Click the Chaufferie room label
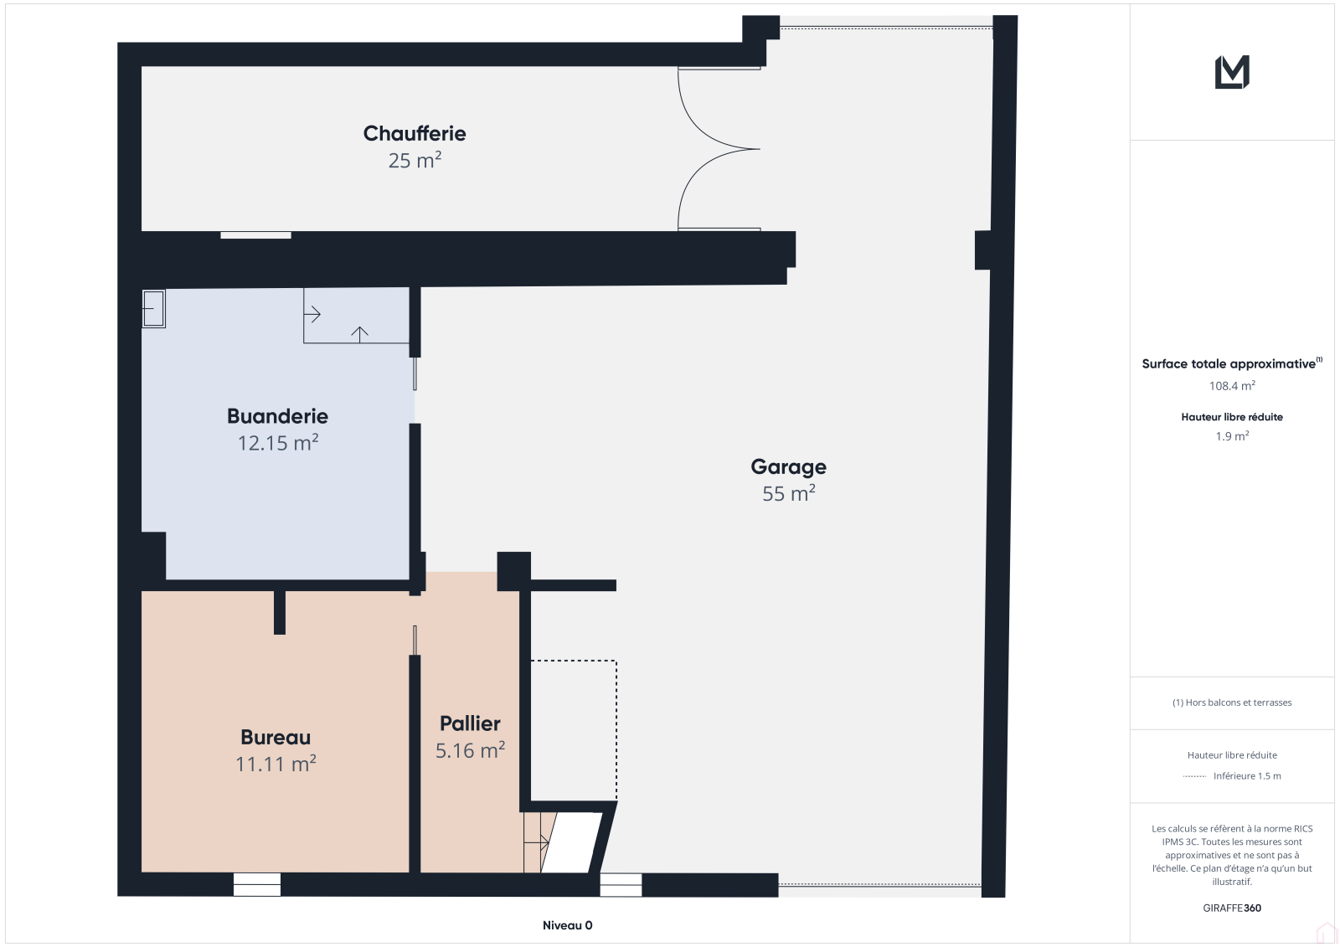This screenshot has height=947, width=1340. point(415,133)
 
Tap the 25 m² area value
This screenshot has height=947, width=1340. point(415,160)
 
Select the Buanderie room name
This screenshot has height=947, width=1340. point(277,416)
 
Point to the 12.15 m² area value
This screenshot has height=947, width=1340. point(277,443)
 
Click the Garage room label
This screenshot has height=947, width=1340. point(788,467)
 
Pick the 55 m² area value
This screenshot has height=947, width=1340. point(788,493)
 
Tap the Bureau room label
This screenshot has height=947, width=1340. point(276,737)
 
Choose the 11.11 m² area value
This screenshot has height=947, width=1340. point(276,764)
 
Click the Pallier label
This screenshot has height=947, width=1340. point(470,724)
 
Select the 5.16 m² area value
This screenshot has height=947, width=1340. point(470,750)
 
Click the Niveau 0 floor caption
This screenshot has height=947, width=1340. point(567,925)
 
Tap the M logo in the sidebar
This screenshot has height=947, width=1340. point(1232,72)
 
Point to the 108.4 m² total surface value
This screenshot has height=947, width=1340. point(1232,386)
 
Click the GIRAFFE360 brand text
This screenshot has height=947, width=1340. point(1232,908)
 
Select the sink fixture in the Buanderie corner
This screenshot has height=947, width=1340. point(153,309)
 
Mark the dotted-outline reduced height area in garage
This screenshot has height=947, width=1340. point(574,730)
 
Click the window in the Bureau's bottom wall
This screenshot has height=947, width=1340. point(256,885)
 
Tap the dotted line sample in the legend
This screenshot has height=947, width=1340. point(1194,776)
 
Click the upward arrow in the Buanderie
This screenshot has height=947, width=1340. point(359,334)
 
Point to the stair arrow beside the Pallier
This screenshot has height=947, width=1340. point(537,842)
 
